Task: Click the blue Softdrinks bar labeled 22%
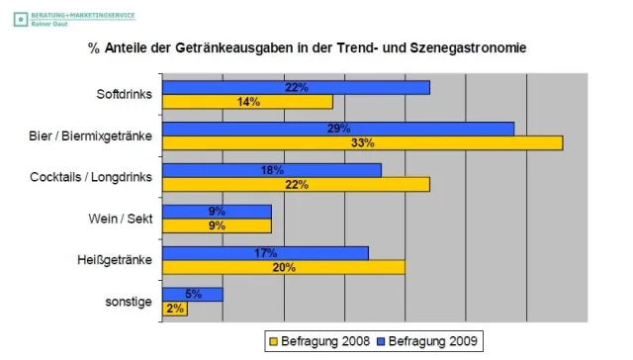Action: coord(296,88)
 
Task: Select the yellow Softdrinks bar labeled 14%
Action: coord(247,102)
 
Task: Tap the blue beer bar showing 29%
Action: coord(338,129)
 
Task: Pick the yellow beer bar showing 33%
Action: coord(362,143)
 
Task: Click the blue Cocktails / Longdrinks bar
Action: coord(271,170)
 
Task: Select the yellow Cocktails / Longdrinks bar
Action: coord(296,184)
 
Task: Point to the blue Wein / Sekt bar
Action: coord(217,211)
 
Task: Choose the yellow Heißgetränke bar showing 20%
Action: coord(284,267)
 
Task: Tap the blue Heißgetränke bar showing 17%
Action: coord(265,253)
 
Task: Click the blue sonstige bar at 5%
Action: coord(192,294)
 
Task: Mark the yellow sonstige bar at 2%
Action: coord(174,309)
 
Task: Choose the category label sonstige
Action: coord(131,302)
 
